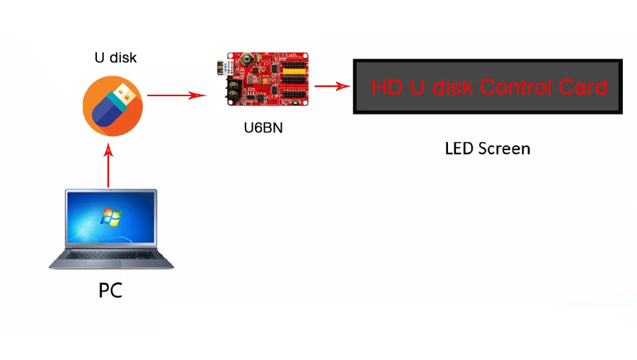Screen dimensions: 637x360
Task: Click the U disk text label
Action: click(x=115, y=57)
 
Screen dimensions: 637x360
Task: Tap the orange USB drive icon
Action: click(x=113, y=106)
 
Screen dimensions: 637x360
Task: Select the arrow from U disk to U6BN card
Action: click(x=177, y=95)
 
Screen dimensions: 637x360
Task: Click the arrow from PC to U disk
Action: click(x=108, y=166)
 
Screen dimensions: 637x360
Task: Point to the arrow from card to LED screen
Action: click(x=333, y=86)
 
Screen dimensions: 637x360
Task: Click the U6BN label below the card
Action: click(x=263, y=128)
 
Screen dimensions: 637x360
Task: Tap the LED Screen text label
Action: click(x=488, y=149)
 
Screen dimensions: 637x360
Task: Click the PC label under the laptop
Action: click(x=110, y=291)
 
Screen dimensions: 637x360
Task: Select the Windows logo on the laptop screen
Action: click(x=111, y=217)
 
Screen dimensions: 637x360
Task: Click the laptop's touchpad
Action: click(x=103, y=264)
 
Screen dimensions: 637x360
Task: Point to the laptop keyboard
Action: click(x=111, y=255)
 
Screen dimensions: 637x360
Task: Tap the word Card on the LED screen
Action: click(x=583, y=87)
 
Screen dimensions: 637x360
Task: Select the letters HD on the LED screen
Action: click(x=386, y=87)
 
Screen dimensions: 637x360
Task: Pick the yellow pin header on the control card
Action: click(x=294, y=71)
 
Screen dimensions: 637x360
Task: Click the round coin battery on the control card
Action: click(x=247, y=59)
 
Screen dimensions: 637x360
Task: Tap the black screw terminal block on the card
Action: click(x=234, y=89)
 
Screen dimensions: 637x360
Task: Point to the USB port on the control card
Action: click(x=222, y=68)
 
